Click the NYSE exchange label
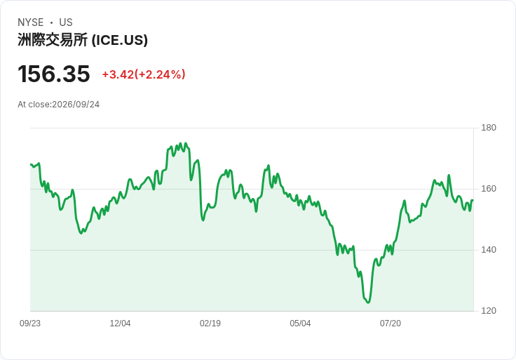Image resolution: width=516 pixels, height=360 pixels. point(31,22)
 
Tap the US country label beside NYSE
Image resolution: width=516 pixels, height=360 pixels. point(66,22)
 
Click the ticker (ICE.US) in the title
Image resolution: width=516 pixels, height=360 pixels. point(119,40)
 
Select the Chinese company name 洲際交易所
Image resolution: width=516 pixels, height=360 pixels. point(53,40)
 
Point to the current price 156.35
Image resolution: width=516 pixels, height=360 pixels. point(54,74)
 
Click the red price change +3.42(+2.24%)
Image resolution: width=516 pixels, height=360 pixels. point(144,74)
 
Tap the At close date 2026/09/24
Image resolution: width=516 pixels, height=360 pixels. point(76,105)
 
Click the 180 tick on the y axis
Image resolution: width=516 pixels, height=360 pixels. point(489,128)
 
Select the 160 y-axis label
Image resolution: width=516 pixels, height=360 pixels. point(489,189)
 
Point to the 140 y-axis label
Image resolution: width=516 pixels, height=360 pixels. point(489,250)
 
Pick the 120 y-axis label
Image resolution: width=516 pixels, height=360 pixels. point(489,311)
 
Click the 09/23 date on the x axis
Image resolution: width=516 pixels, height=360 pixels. point(30,324)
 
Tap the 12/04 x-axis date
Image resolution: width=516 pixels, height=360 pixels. point(120,324)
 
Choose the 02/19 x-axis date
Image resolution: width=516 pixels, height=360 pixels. point(210,324)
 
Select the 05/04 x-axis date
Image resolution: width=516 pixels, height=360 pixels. point(300,324)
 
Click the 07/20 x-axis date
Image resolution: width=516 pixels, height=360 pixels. point(391,324)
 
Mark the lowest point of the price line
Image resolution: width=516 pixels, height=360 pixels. point(368,302)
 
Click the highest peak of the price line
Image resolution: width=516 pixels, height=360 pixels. point(180,143)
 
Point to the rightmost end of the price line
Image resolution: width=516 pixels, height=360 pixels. point(473,200)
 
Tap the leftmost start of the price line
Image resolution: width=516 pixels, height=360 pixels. point(31,164)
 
